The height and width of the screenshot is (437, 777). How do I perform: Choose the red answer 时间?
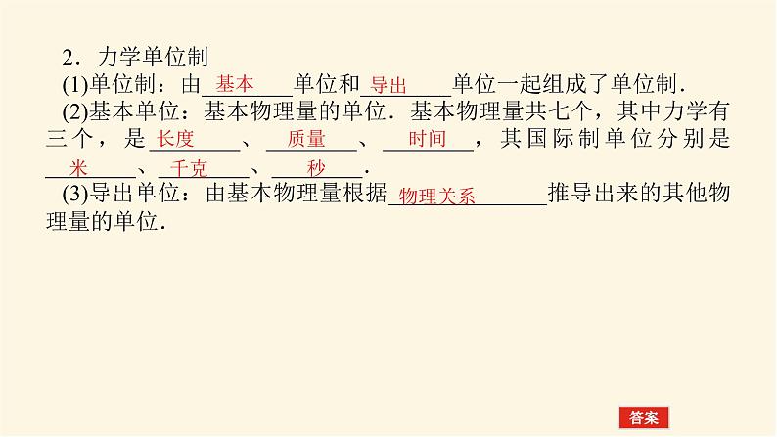click(x=427, y=139)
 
